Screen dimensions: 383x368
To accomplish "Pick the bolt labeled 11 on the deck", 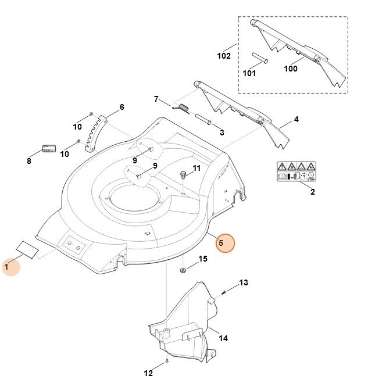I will coord(184,174).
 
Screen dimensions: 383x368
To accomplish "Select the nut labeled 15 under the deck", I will coord(182,269).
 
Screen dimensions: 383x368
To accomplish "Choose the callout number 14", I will coord(223,338).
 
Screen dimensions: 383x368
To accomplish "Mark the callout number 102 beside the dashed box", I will coord(224,56).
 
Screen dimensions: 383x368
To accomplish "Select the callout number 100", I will coord(291,69).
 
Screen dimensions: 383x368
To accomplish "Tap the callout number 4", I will coord(296,119).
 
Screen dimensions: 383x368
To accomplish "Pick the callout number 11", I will coord(196,169).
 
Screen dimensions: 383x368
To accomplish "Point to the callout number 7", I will coord(156,99).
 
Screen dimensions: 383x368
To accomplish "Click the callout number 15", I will coord(203,259).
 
